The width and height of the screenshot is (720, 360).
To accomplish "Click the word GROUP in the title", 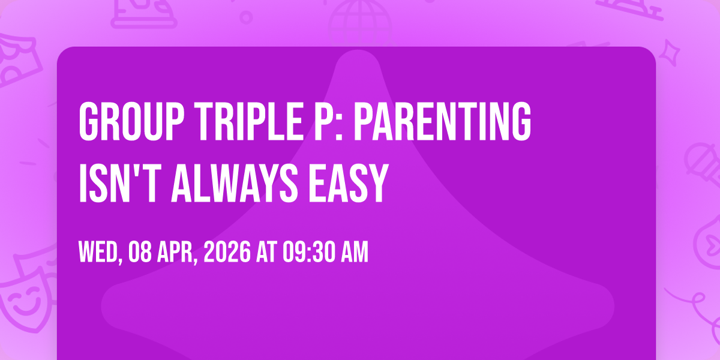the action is [x=131, y=121].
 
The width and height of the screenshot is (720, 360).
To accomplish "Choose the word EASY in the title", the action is [x=349, y=183].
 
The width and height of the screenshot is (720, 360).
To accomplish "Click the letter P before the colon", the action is [x=323, y=121].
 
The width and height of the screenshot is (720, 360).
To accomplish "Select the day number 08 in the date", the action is [x=140, y=253].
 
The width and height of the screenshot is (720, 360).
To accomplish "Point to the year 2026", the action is [x=227, y=253].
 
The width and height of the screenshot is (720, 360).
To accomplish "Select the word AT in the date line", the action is [x=266, y=253].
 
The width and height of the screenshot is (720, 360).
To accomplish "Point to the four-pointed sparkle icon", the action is [x=670, y=53].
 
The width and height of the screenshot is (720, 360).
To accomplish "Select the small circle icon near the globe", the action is [x=246, y=17].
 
